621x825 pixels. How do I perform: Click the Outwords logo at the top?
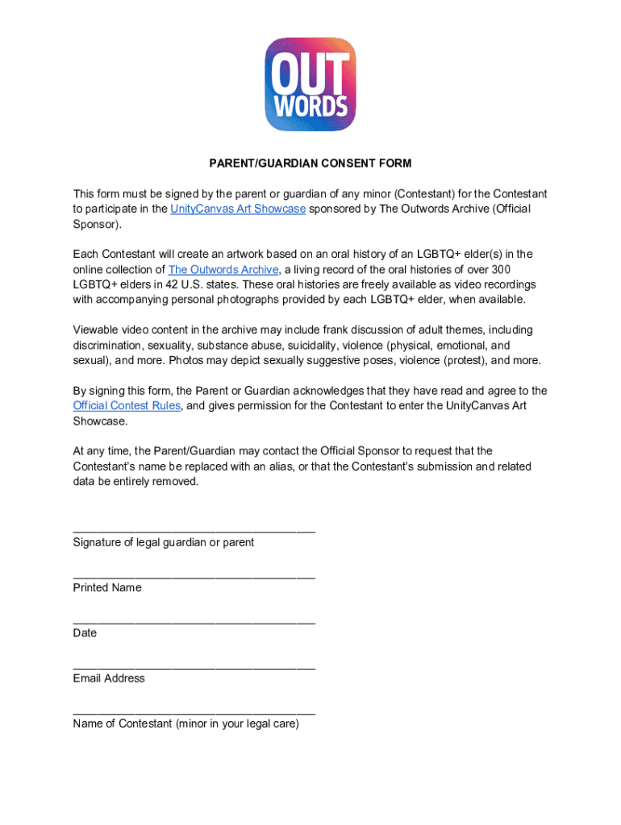(x=310, y=84)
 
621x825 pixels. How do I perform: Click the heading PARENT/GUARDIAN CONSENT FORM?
(x=310, y=164)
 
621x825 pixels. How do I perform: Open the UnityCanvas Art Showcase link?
(x=238, y=209)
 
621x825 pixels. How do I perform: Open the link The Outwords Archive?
(x=223, y=270)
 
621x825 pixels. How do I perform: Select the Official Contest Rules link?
(x=127, y=406)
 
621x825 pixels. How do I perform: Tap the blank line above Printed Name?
(x=194, y=576)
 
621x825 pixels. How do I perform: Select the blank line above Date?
(x=194, y=621)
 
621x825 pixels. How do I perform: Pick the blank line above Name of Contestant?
(x=194, y=712)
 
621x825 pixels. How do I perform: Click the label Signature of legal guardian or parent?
(x=163, y=543)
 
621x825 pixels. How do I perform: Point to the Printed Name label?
(x=106, y=588)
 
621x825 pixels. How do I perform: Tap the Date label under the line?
(x=85, y=633)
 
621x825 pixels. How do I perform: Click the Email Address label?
(x=109, y=678)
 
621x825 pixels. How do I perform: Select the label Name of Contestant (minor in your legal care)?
(x=185, y=723)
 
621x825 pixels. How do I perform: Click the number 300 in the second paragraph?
(x=501, y=270)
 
